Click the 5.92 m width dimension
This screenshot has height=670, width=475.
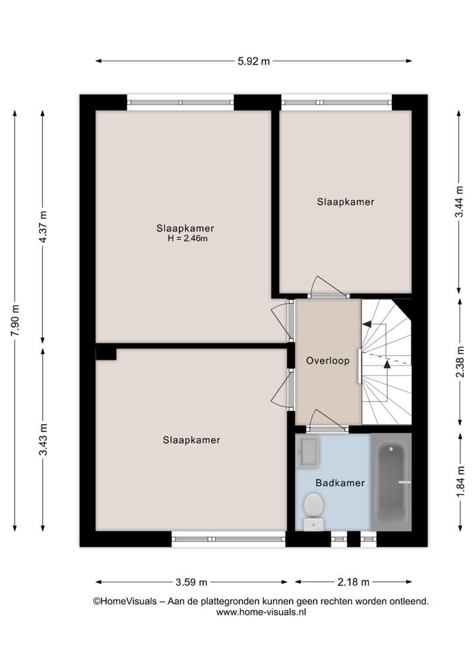point(254,61)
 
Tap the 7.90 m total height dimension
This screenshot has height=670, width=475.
point(15,321)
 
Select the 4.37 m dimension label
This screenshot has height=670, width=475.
point(44,227)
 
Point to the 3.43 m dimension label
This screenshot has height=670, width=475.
point(44,439)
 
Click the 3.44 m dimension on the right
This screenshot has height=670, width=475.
point(459,202)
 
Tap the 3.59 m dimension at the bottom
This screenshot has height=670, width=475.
point(191,582)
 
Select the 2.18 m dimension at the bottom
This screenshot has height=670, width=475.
point(353,582)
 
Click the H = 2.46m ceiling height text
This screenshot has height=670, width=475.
point(187,239)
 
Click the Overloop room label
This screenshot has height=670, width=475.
point(327,361)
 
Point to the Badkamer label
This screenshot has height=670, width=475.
point(340,483)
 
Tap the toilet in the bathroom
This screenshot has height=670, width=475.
point(313,511)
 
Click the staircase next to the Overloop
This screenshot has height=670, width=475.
point(386,362)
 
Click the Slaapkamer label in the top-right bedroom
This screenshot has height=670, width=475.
point(345,202)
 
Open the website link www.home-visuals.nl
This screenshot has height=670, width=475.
point(261,612)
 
